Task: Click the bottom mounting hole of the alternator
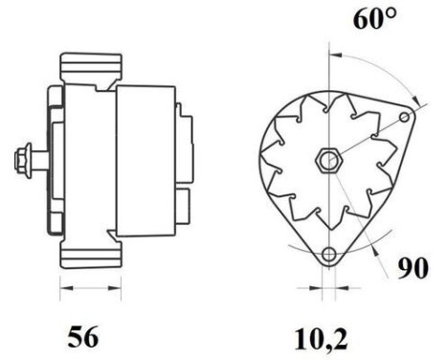(329, 255)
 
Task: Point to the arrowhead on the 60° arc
(417, 99)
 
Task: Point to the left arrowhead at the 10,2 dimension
(316, 285)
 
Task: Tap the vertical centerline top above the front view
(329, 48)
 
